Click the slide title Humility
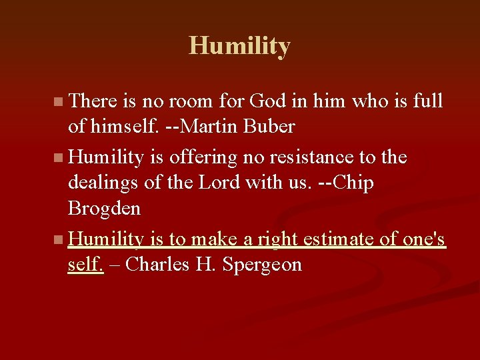tap(239, 46)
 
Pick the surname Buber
tap(273, 127)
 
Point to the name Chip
tap(351, 183)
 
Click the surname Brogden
tap(104, 209)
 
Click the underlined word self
tap(85, 264)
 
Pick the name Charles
tap(157, 264)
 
